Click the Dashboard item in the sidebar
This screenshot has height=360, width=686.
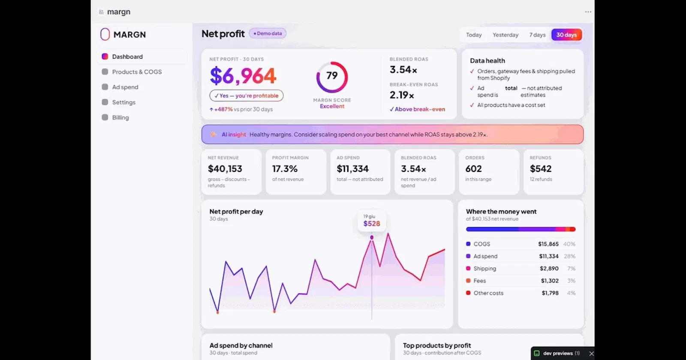coord(127,57)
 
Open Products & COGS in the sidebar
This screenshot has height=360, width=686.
coord(137,72)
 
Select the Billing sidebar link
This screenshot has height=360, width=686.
coord(120,117)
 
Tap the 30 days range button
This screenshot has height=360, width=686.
coord(566,35)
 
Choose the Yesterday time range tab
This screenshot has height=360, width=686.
coord(505,35)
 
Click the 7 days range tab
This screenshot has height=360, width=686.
coord(537,35)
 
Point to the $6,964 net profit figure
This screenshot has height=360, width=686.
coord(243,75)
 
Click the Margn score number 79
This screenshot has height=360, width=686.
coord(332,75)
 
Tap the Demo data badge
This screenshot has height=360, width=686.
coord(268,33)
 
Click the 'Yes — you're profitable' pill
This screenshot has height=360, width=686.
coord(246,96)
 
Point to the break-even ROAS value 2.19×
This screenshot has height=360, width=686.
coord(402,95)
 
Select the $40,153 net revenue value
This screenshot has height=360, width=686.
coord(225,169)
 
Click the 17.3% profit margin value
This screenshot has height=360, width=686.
coord(285,169)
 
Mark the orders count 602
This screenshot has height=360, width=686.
coord(473,169)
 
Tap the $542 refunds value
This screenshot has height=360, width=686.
coord(541,169)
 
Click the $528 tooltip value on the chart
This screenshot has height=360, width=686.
coord(371,224)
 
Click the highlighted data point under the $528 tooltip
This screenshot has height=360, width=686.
coord(372,237)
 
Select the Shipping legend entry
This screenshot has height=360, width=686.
coord(484,268)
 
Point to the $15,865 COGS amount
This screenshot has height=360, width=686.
coord(548,244)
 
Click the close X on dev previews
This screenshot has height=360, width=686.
coord(591,354)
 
